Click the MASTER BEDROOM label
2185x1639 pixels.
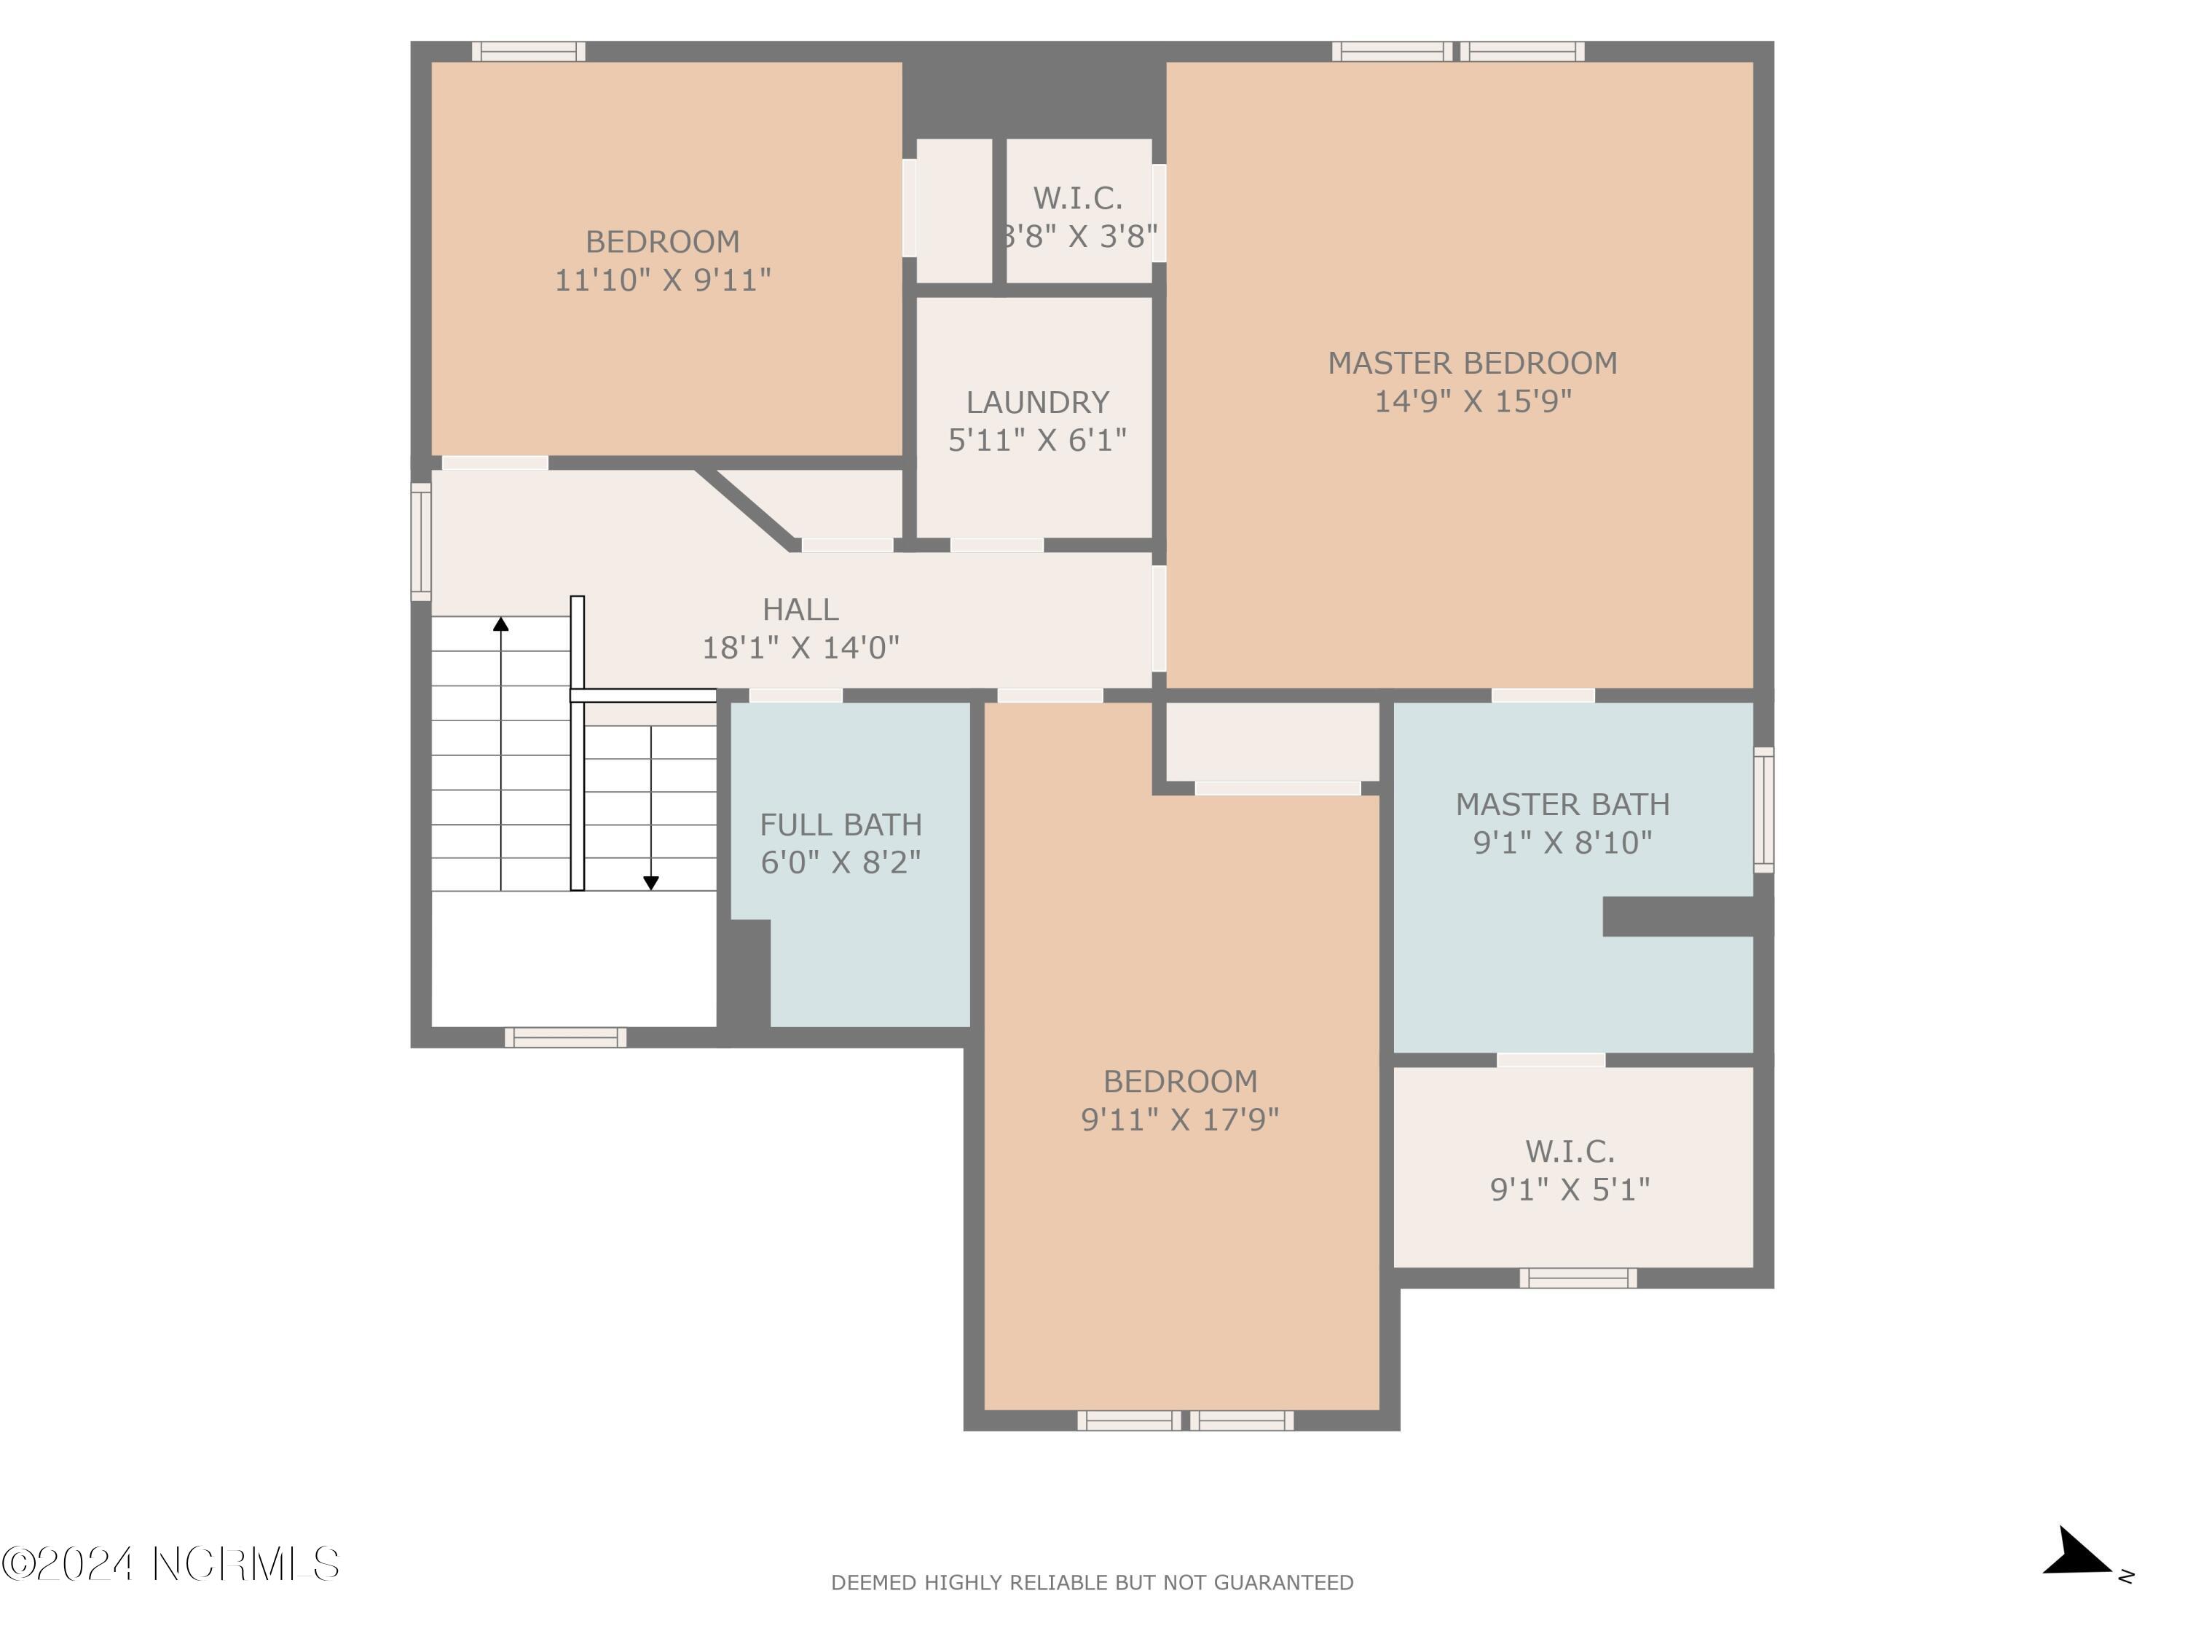[1472, 363]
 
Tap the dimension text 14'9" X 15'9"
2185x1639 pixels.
[1472, 401]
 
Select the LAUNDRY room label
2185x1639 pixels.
[1037, 402]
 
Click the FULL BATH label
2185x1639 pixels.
[840, 824]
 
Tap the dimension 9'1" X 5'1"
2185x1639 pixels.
[1570, 1189]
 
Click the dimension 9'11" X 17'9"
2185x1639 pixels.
[1179, 1120]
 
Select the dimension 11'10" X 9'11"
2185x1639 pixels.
[662, 280]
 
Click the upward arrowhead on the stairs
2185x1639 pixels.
[501, 624]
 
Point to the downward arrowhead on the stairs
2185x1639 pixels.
[651, 882]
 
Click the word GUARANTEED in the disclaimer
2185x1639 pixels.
[1283, 1583]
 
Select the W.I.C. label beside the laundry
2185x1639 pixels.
[1078, 199]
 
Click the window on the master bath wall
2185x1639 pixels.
[1763, 810]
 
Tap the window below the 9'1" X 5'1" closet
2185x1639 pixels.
[1578, 1278]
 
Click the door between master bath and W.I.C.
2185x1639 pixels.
[1551, 1060]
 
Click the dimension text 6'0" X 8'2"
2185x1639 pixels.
[840, 862]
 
